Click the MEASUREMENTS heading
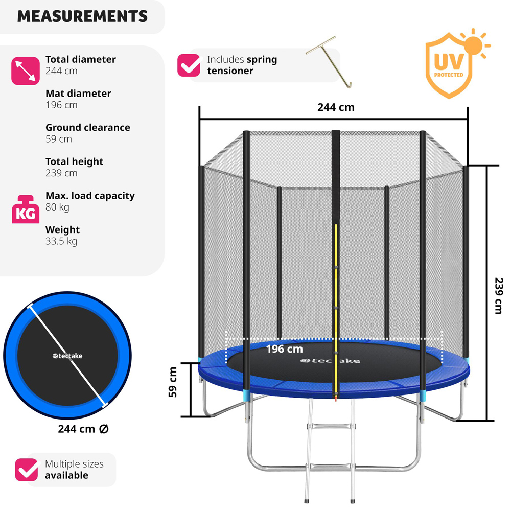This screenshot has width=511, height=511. [x=82, y=16]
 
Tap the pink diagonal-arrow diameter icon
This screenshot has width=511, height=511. [x=25, y=71]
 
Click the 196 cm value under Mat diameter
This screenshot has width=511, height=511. [x=61, y=105]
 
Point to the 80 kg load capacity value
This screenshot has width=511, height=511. [x=57, y=207]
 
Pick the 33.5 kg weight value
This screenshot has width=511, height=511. [x=61, y=241]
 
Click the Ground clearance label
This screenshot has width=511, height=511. [x=87, y=127]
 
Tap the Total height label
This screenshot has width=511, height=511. [x=74, y=161]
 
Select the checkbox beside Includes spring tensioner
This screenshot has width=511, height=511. [x=189, y=65]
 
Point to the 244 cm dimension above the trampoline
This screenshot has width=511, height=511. [x=335, y=107]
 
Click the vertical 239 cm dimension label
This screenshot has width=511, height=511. [x=499, y=295]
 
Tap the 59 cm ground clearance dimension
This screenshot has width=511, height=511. [x=174, y=382]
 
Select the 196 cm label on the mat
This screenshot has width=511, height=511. [x=284, y=350]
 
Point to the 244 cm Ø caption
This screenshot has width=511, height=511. [x=83, y=429]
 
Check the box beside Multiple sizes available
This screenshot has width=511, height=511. [x=26, y=470]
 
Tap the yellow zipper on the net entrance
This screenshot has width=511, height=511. [x=336, y=307]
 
